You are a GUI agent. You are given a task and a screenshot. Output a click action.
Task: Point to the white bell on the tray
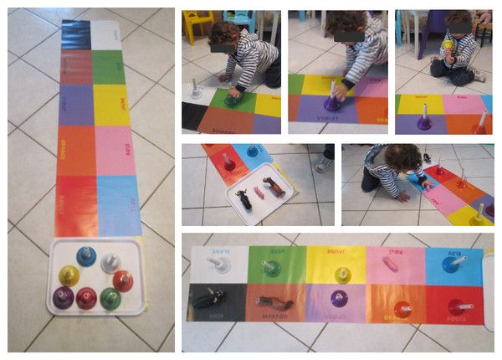tap(109, 263)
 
